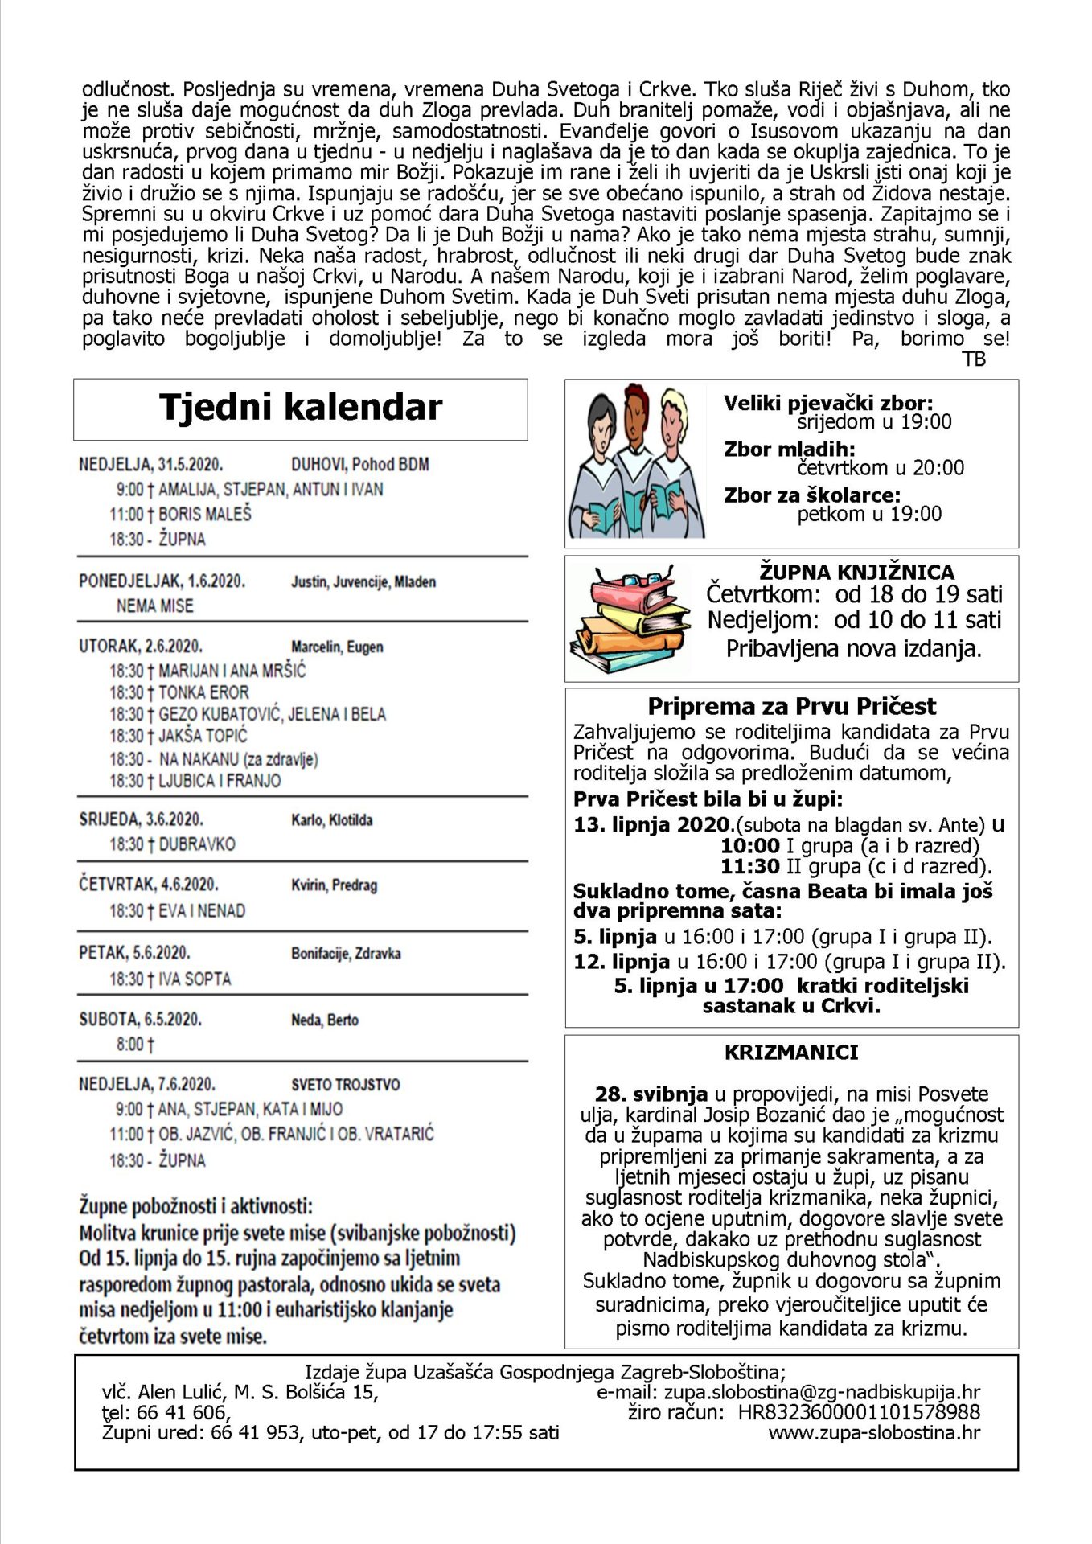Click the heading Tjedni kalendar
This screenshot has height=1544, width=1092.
(x=301, y=408)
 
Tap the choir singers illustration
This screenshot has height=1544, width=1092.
(x=635, y=462)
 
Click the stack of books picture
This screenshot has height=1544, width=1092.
(x=630, y=618)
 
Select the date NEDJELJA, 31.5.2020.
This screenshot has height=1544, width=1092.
(x=150, y=465)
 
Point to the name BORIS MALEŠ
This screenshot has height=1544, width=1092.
(x=205, y=514)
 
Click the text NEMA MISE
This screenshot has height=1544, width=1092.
(x=155, y=606)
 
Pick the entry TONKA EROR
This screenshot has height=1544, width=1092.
(x=203, y=692)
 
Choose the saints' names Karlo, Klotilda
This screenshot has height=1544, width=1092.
(x=331, y=820)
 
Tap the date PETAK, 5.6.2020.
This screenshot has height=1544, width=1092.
(x=134, y=953)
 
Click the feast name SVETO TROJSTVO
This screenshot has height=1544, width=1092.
(x=345, y=1084)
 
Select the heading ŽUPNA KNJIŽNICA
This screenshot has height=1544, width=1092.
(x=856, y=572)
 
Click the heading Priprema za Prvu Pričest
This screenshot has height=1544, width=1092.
(x=791, y=706)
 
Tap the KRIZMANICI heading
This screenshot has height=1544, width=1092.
(x=791, y=1052)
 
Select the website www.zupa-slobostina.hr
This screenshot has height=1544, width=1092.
(x=874, y=1432)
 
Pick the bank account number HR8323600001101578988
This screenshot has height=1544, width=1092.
(x=859, y=1412)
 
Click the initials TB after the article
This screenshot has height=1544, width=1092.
(x=974, y=359)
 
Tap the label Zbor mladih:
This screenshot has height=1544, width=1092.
(x=789, y=449)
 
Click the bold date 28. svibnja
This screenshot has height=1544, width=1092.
(x=651, y=1094)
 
